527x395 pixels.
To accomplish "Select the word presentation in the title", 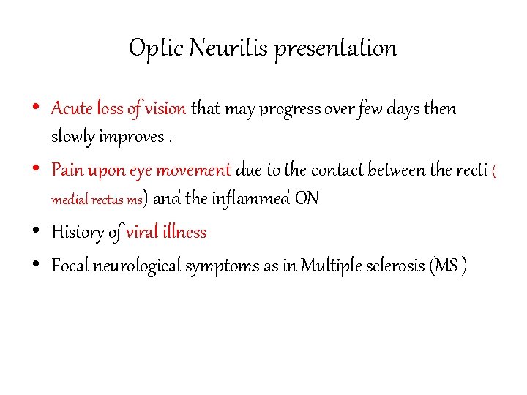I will (335, 48).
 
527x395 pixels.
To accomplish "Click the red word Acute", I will (71, 109).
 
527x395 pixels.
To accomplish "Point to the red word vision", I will (165, 109).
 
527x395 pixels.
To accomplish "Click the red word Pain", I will (67, 170).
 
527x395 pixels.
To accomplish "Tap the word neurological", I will (138, 266).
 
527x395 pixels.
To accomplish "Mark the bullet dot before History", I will (37, 233).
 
